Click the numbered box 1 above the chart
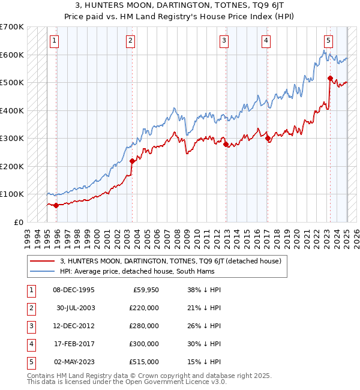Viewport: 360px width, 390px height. pyautogui.click(x=54, y=41)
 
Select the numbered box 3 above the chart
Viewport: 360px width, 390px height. pyautogui.click(x=224, y=41)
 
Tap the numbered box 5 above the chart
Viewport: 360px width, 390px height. pyautogui.click(x=329, y=41)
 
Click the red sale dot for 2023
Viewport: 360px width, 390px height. pyautogui.click(x=330, y=78)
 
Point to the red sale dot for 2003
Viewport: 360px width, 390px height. pyautogui.click(x=133, y=161)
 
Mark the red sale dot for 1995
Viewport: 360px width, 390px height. pyautogui.click(x=56, y=205)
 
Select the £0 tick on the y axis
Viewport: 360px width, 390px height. pyautogui.click(x=18, y=222)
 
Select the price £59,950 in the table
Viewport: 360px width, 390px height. pyautogui.click(x=146, y=290)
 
